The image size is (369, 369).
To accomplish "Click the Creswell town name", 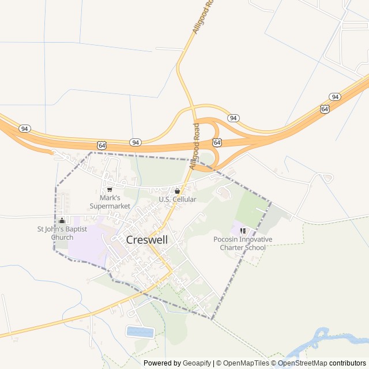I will tap(147, 240).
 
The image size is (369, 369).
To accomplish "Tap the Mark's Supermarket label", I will tap(110, 202).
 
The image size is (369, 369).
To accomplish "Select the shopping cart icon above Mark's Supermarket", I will tap(110, 190).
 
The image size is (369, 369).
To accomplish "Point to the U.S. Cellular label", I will tap(178, 199).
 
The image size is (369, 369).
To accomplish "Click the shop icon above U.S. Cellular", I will tap(177, 191).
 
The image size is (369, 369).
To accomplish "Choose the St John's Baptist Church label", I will tap(62, 233).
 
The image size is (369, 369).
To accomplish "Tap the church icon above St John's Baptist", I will tap(62, 220).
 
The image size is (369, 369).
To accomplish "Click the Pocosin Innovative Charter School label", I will tap(243, 243).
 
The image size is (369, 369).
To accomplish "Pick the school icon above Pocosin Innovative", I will tap(243, 231).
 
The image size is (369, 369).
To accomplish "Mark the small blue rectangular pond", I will tap(140, 332).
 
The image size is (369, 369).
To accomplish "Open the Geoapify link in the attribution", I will tap(197, 363).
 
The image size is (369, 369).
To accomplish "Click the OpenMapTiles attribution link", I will tap(246, 363).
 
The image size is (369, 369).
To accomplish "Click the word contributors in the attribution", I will tap(348, 363).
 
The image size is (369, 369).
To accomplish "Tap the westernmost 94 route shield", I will tap(24, 128).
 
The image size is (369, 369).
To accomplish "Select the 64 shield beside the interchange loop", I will tap(217, 142).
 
